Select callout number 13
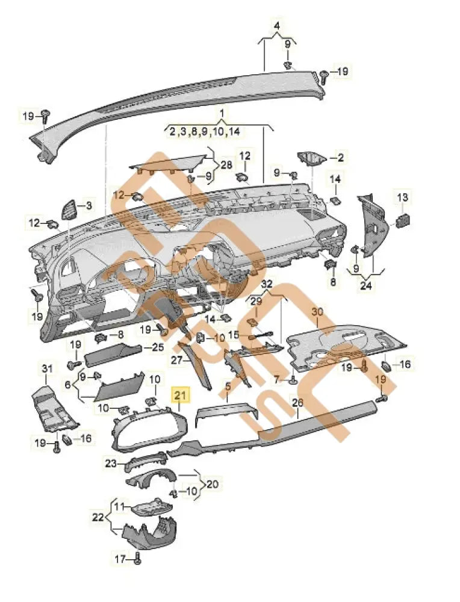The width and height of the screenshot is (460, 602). point(402,197)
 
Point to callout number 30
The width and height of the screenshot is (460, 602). point(317,312)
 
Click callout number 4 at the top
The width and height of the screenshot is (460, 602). point(277,26)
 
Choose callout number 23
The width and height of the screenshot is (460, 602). point(110,464)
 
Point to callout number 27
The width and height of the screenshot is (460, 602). point(176,360)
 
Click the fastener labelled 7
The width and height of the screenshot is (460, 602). point(293,380)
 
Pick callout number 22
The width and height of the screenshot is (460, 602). point(98,517)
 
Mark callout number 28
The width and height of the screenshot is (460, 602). point(226,165)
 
